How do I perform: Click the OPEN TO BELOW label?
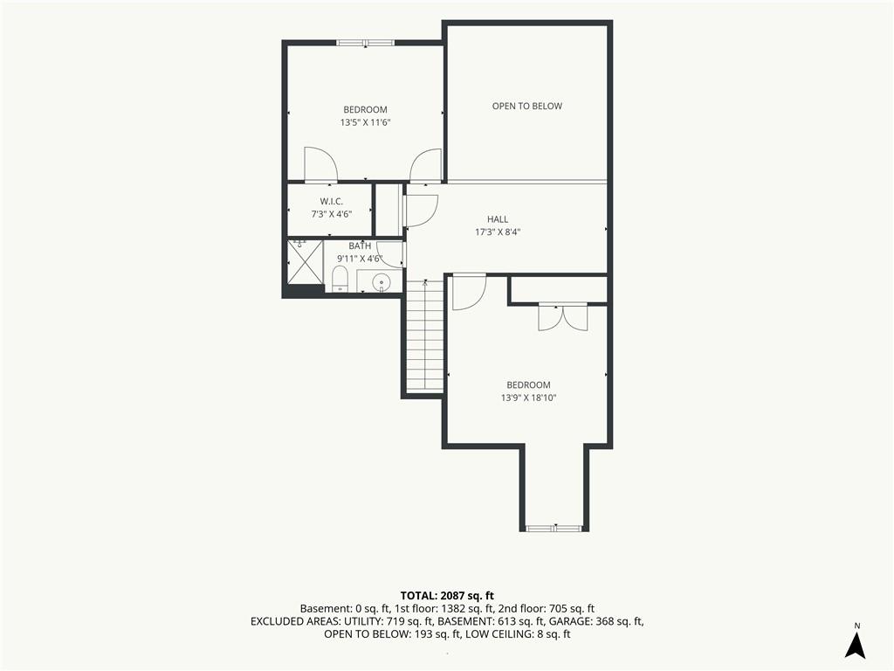pyautogui.click(x=526, y=106)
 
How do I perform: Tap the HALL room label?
pyautogui.click(x=497, y=219)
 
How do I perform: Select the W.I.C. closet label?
pyautogui.click(x=331, y=202)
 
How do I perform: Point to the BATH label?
pyautogui.click(x=360, y=246)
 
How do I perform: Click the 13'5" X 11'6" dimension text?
pyautogui.click(x=365, y=122)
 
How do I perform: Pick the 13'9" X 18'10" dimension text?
pyautogui.click(x=528, y=398)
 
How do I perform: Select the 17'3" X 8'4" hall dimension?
pyautogui.click(x=498, y=232)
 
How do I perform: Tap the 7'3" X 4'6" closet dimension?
pyautogui.click(x=331, y=215)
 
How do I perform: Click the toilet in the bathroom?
pyautogui.click(x=340, y=279)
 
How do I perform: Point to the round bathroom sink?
pyautogui.click(x=381, y=281)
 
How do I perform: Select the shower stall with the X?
pyautogui.click(x=305, y=261)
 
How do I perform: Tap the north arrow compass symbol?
pyautogui.click(x=856, y=642)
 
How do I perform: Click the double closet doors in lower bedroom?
pyautogui.click(x=563, y=317)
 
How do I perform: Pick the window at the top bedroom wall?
pyautogui.click(x=365, y=42)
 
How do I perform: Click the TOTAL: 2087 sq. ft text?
pyautogui.click(x=447, y=596)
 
